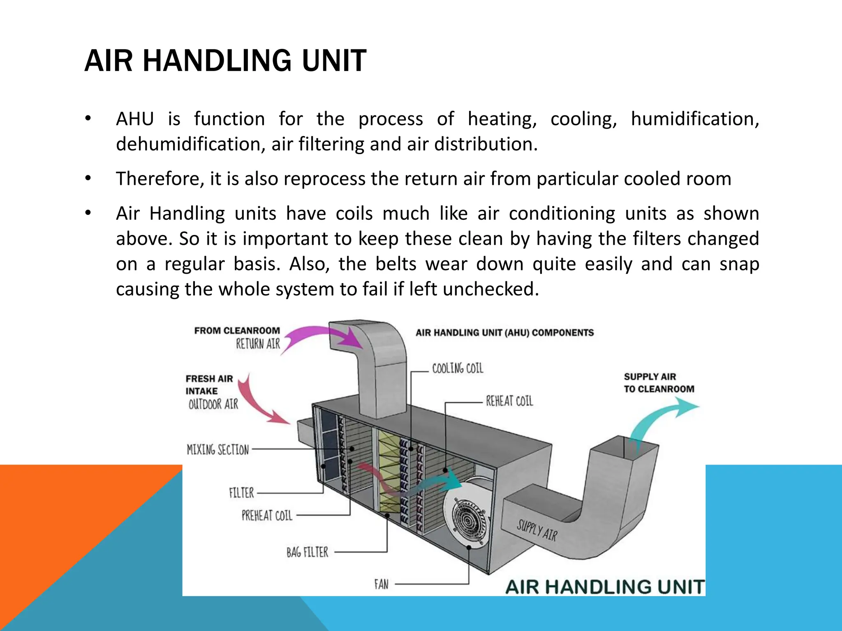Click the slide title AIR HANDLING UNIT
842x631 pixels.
click(x=225, y=61)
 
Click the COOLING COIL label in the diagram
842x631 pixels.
click(x=458, y=368)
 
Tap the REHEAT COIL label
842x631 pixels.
click(x=509, y=401)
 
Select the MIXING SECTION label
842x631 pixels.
click(x=218, y=449)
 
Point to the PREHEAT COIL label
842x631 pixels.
click(x=267, y=515)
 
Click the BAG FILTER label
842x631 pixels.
click(x=307, y=552)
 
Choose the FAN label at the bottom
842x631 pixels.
click(x=381, y=584)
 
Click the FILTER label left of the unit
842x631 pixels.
click(x=241, y=493)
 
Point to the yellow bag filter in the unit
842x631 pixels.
click(x=389, y=472)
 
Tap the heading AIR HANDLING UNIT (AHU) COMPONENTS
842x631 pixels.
click(x=504, y=332)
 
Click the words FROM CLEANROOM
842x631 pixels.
click(x=237, y=331)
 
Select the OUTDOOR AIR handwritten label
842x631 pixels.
click(x=213, y=404)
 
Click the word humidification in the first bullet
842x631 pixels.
click(x=694, y=119)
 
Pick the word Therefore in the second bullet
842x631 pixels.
click(x=160, y=179)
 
